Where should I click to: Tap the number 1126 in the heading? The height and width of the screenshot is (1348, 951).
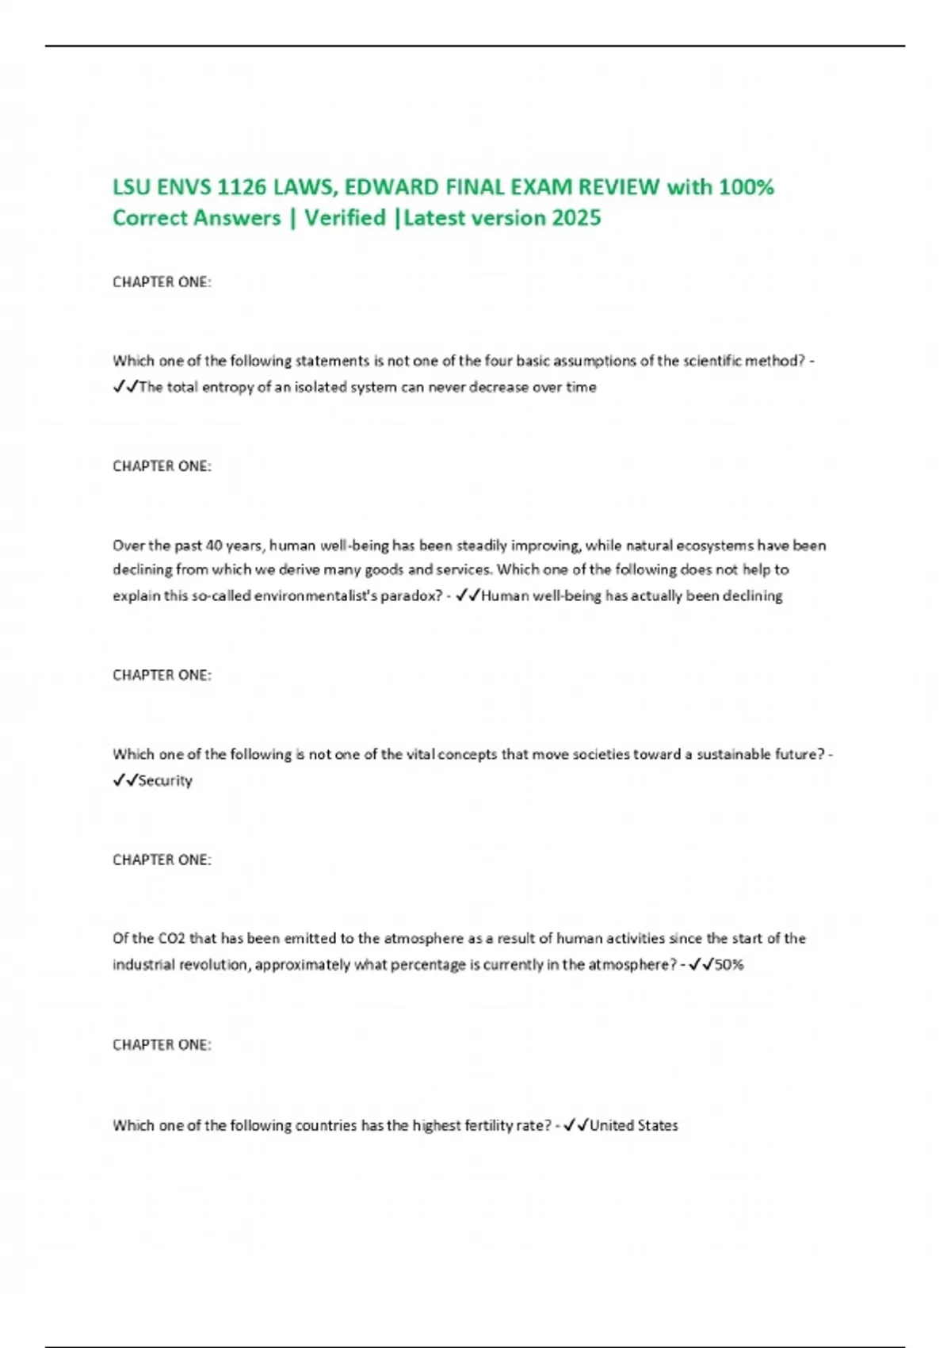click(x=241, y=188)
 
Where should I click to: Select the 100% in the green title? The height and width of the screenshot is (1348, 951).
click(x=747, y=188)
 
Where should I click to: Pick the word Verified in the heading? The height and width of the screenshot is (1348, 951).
click(x=345, y=218)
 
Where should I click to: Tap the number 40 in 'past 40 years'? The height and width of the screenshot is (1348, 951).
click(x=214, y=546)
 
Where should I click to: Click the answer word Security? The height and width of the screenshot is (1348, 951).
click(x=166, y=781)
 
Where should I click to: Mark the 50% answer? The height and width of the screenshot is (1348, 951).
click(x=729, y=965)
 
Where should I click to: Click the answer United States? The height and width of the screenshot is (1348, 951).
click(x=634, y=1126)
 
